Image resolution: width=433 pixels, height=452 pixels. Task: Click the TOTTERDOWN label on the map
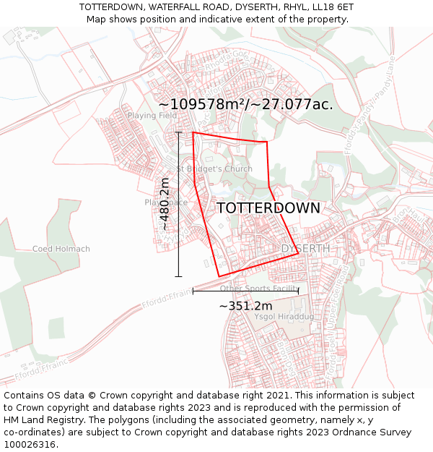268,208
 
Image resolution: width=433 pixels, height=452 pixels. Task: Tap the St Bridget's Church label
215,169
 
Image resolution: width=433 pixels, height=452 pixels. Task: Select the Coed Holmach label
61,249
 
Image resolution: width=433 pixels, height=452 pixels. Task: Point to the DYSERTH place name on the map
305,248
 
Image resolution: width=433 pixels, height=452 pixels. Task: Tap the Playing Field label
152,115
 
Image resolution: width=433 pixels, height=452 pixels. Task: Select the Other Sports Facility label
259,289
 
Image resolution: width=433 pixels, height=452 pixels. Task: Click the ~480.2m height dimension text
165,204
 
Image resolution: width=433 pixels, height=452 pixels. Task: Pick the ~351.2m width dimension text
245,306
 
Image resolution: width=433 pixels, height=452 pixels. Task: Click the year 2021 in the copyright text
278,396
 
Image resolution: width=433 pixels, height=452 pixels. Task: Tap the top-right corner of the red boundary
267,142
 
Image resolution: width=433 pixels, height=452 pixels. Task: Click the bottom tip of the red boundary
219,276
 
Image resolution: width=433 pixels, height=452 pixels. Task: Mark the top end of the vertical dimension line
178,132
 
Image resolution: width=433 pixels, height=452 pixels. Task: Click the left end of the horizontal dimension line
193,291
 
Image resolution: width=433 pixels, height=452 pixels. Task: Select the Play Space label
166,202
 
